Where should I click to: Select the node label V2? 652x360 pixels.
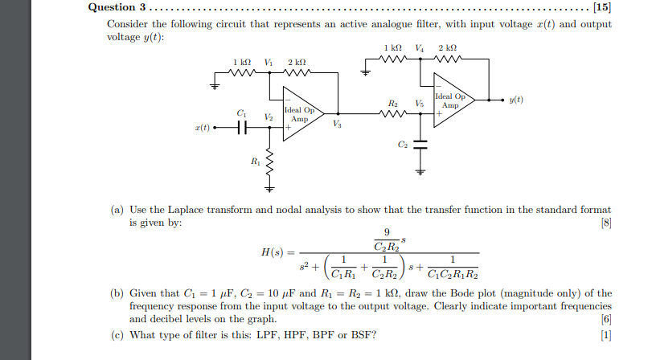tap(268, 117)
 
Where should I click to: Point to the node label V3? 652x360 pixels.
tap(336, 125)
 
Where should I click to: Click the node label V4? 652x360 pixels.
tap(418, 47)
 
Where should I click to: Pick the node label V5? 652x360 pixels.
tap(418, 103)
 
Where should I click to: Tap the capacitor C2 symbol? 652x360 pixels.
tap(420, 145)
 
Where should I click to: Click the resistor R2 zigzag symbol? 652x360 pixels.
tap(392, 114)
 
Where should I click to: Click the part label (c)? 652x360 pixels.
tap(117, 334)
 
